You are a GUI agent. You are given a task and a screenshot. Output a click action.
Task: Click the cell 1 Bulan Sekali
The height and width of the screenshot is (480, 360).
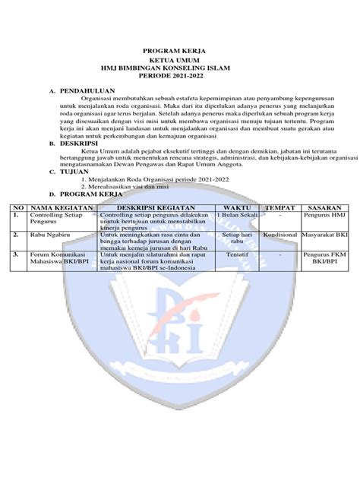pyautogui.click(x=236, y=216)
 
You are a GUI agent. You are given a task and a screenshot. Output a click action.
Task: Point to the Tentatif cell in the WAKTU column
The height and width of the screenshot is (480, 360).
pyautogui.click(x=236, y=256)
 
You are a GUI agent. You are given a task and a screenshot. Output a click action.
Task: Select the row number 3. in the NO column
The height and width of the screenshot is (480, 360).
pyautogui.click(x=14, y=256)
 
